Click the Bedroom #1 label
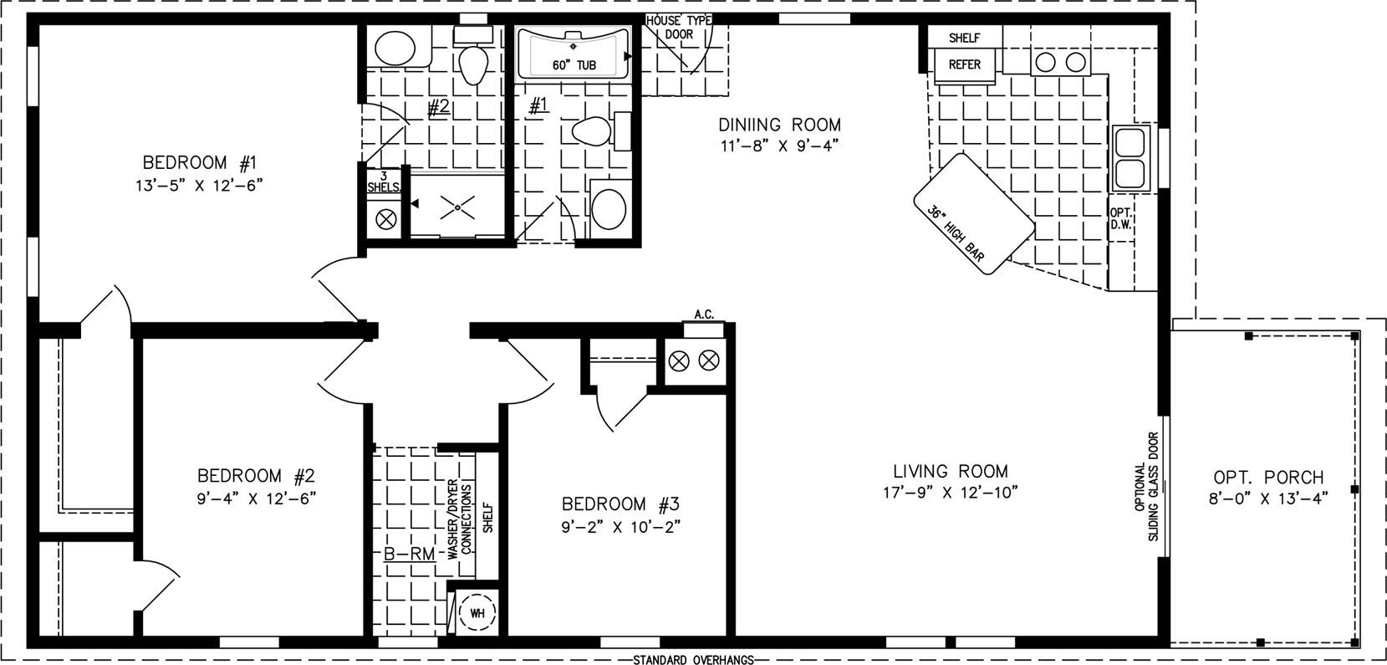[x=199, y=163]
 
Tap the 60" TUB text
[x=574, y=65]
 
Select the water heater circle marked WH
[x=477, y=613]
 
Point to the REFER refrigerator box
[x=965, y=64]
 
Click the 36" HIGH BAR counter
[x=973, y=213]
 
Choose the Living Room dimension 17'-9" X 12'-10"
[x=951, y=493]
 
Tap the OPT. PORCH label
[x=1268, y=478]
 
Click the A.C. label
[x=705, y=315]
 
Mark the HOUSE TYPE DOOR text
[x=679, y=28]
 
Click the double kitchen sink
[x=1130, y=157]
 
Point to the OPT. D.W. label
[x=1120, y=219]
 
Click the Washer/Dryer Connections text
[x=460, y=519]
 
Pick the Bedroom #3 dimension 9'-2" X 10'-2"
[x=621, y=527]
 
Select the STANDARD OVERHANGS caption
[x=693, y=660]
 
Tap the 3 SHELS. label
[x=384, y=182]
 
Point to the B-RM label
[x=410, y=554]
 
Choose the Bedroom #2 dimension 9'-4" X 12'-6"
[x=257, y=499]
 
